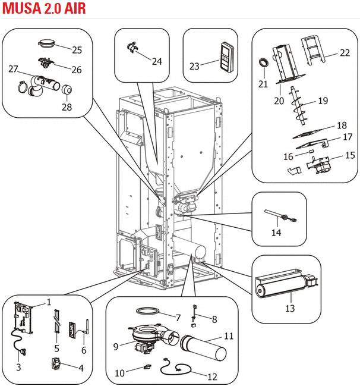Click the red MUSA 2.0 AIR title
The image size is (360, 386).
pos(44,8)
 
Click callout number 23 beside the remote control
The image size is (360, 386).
pos(194,66)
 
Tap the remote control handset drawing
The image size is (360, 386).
pos(227,57)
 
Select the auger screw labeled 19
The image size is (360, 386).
pos(298,106)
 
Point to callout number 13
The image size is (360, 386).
pos(290,308)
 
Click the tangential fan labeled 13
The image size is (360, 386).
pos(286,283)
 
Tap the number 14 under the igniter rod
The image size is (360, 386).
pos(276,233)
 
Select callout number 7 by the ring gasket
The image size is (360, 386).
pos(178,318)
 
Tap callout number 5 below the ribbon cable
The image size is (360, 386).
pos(57,349)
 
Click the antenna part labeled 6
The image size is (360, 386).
pos(86,327)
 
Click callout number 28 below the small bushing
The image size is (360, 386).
pos(67,107)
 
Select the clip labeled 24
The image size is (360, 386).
pos(132,47)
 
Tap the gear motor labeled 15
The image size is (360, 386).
pos(319,164)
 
